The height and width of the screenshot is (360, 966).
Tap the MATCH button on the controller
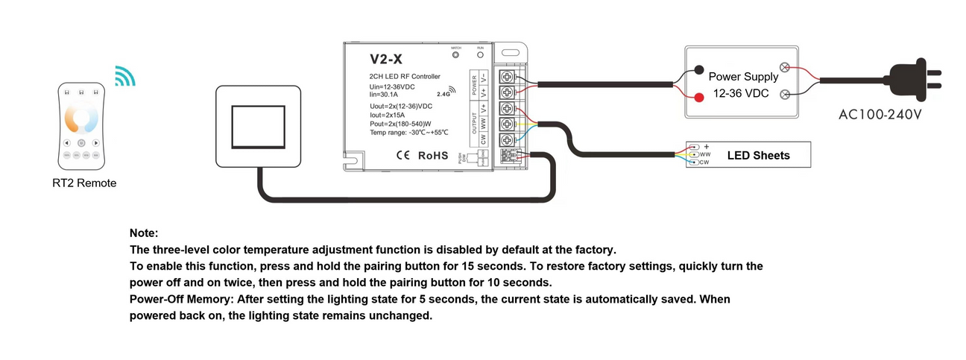456,55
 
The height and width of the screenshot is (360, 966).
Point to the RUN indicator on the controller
481,55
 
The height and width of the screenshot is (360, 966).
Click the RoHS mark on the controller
433,156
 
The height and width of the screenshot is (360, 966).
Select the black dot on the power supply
699,71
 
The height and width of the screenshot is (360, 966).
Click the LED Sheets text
758,155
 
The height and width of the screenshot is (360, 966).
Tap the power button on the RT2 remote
81,142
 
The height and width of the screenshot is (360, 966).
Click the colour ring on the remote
81,118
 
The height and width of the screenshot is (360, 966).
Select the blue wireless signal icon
124,75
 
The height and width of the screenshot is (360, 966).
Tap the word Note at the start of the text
144,233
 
